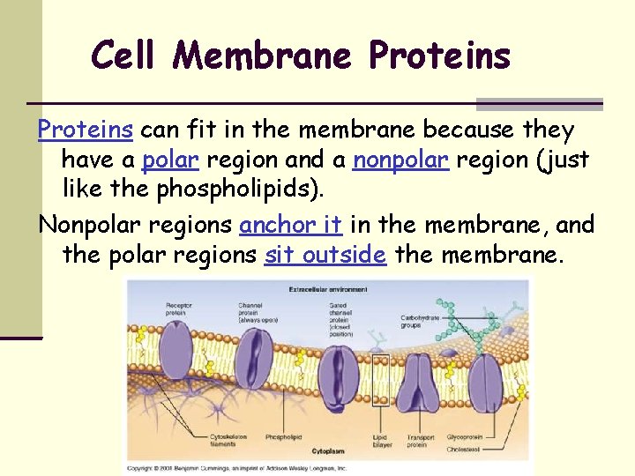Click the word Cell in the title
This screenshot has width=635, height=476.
[124, 56]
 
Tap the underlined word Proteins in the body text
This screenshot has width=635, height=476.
[85, 130]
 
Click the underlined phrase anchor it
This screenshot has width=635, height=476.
[291, 225]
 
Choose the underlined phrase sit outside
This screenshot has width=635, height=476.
[325, 255]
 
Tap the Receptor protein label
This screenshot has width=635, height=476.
[180, 310]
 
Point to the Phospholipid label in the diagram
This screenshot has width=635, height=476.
[285, 436]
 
